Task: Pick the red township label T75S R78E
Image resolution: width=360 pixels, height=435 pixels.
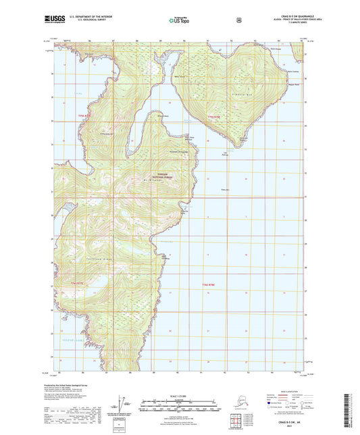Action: tap(215, 116)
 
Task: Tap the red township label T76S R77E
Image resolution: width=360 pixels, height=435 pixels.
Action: tap(76, 283)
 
